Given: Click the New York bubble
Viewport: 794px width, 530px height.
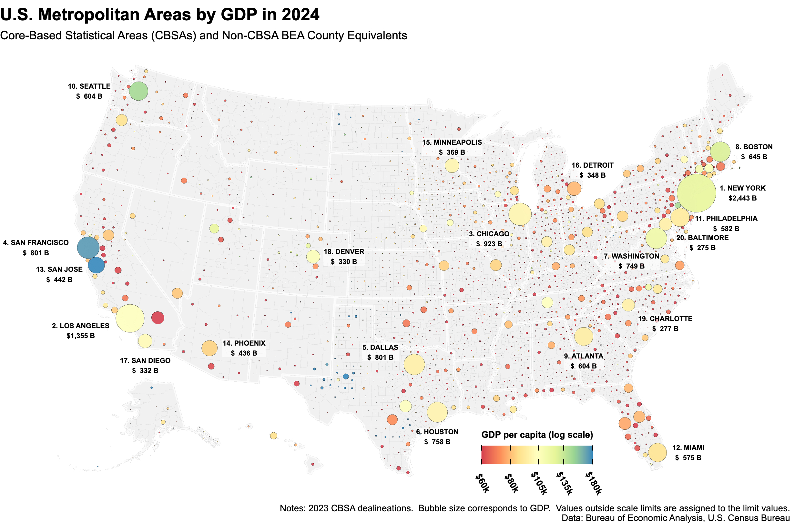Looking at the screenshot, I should pos(696,193).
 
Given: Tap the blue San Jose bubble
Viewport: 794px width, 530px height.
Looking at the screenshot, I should pos(97,265).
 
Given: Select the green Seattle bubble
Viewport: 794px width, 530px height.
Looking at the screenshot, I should pos(138,91).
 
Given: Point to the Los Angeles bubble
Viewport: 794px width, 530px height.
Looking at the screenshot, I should pos(130,319).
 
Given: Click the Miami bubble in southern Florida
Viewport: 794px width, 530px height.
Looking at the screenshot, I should pos(657,453).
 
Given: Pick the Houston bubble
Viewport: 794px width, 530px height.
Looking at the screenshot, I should pos(437,412).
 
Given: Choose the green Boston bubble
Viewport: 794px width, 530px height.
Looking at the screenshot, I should pos(720,152).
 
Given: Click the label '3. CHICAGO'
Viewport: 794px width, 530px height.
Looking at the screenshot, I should pos(489,234).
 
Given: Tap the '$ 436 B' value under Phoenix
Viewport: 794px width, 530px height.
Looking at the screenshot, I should pos(244,353).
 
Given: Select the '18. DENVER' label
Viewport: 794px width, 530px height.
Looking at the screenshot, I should pos(344,251).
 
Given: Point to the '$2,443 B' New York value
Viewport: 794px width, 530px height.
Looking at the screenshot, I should pos(742,198).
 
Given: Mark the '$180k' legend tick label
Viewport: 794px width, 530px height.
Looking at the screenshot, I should pos(593,483).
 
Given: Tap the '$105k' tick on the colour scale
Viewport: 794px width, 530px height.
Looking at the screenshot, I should pos(539,483).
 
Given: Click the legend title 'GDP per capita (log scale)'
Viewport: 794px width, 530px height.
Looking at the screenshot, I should pos(537,435).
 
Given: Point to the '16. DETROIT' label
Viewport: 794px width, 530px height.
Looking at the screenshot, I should pos(592,165).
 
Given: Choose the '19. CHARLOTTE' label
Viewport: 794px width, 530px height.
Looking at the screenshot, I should pos(665,319).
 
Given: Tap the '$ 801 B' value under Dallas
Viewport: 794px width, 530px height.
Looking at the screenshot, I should pos(380,357).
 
